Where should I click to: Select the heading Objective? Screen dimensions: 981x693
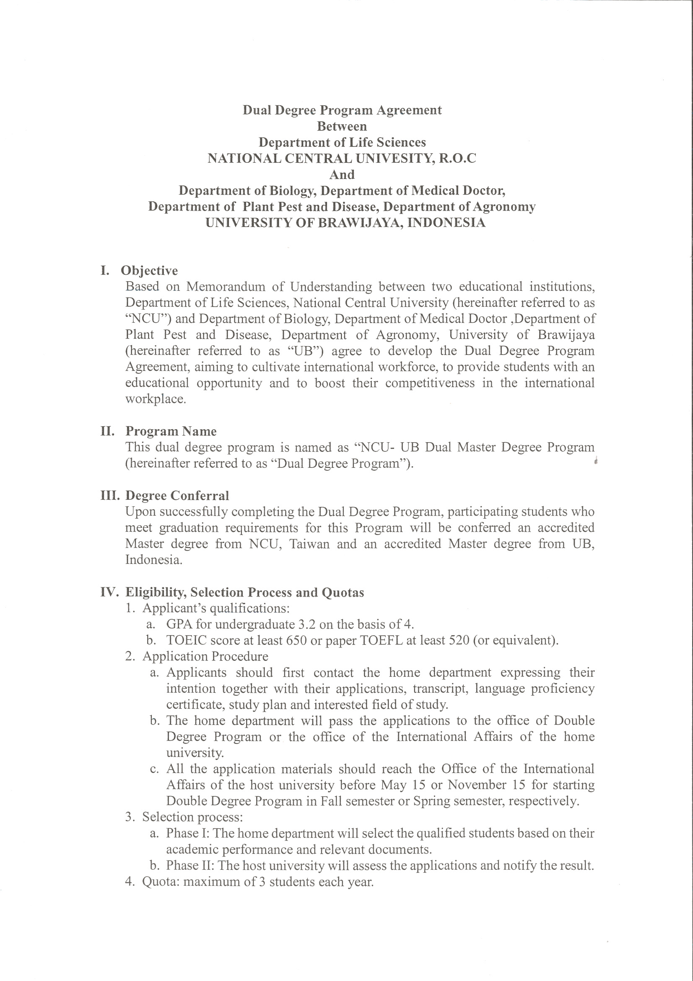pos(149,271)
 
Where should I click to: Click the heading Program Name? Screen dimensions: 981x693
pos(171,431)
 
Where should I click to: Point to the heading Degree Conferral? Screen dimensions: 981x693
pos(177,496)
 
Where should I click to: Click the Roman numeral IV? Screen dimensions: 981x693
pos(109,592)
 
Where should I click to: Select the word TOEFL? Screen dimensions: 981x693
pos(382,640)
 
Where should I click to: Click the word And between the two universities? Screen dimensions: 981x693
pos(342,175)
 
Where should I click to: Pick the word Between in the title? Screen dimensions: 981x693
pos(342,126)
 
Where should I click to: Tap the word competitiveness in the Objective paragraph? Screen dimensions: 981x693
pos(430,383)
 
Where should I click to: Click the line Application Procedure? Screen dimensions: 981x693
pos(205,656)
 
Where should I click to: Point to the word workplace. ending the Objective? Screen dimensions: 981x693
pos(156,399)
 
